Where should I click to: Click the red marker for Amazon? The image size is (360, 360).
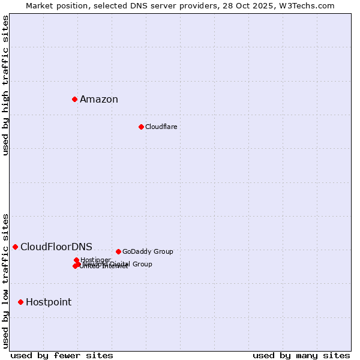74,99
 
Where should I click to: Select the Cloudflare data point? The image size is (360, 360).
141,127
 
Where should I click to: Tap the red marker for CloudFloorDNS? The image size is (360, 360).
15,247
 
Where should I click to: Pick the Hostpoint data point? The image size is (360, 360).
20,302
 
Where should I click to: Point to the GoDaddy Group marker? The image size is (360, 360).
118,251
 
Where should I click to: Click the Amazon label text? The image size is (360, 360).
99,100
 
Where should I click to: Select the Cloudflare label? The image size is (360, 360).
161,127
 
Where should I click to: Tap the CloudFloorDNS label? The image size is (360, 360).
56,247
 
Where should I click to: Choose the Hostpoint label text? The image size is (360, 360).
49,302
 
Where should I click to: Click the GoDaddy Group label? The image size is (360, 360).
148,251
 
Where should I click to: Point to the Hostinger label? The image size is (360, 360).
95,260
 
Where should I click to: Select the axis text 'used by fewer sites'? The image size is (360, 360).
62,355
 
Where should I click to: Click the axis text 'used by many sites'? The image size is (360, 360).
301,355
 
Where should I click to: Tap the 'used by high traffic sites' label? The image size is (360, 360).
6,85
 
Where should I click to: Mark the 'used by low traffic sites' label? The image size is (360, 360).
6,281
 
